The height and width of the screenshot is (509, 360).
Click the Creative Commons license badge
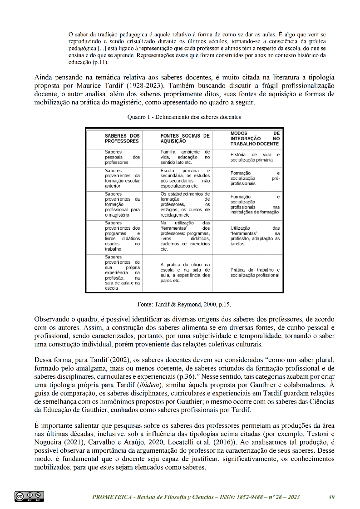(x=29, y=496)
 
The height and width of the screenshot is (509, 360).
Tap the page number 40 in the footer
(x=331, y=497)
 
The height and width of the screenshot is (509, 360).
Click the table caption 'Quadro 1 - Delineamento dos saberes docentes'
(x=184, y=117)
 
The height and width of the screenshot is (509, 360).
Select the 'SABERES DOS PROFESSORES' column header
(x=122, y=138)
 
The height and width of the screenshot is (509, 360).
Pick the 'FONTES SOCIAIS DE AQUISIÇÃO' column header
(x=185, y=138)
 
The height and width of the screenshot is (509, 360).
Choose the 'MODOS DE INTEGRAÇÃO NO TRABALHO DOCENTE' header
(x=255, y=138)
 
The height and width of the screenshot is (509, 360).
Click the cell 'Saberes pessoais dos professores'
(x=122, y=157)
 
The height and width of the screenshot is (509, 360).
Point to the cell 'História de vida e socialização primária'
(x=255, y=157)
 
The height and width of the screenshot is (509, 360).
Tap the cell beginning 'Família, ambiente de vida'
(x=185, y=157)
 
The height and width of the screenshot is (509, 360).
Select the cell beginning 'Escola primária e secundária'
(x=185, y=178)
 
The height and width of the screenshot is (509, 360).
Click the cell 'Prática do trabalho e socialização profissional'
(x=255, y=272)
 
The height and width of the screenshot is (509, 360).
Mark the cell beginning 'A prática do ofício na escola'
(x=185, y=272)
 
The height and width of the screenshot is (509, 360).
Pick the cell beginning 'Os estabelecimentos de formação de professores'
(x=185, y=204)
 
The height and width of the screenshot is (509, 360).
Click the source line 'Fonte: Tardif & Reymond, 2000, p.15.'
(x=184, y=304)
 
